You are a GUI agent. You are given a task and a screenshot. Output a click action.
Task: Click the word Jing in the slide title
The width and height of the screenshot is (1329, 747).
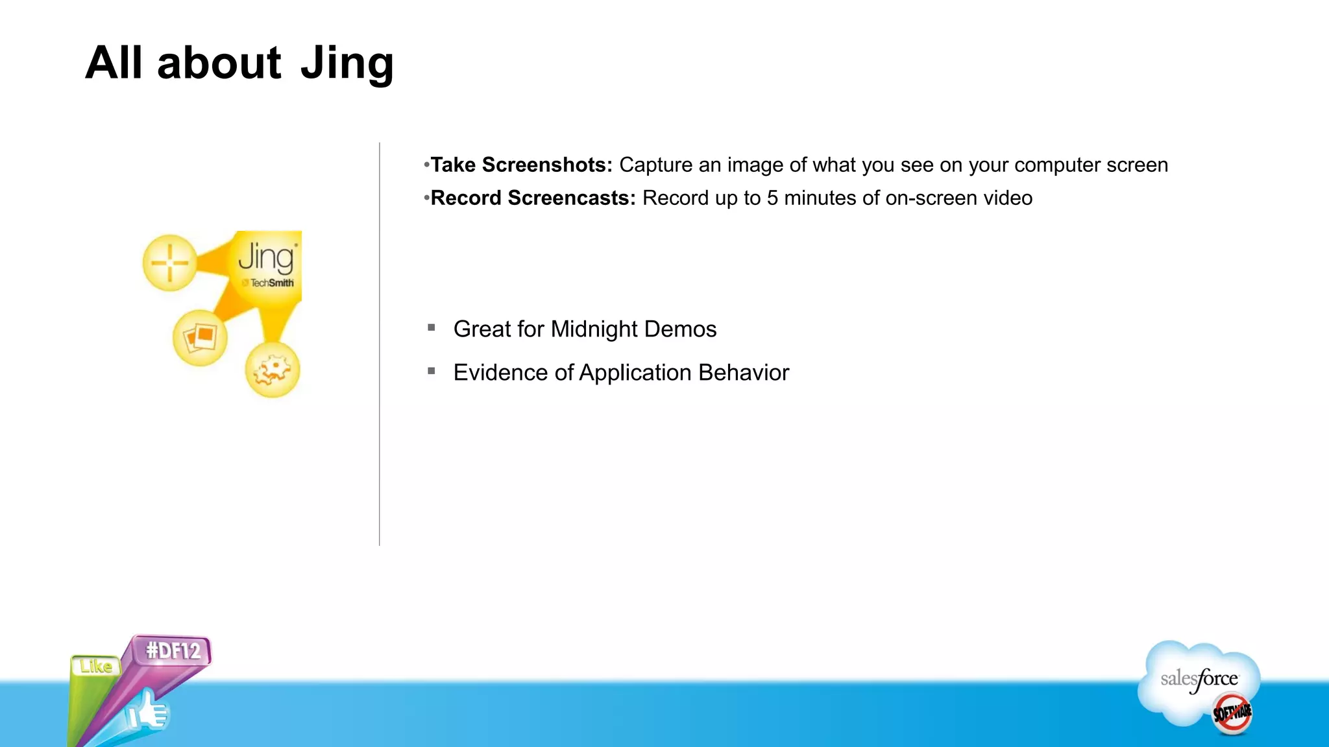click(347, 64)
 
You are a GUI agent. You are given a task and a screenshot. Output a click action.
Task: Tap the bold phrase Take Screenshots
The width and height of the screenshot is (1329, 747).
click(521, 165)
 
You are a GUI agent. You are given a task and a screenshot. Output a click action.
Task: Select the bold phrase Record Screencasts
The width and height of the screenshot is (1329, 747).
click(533, 198)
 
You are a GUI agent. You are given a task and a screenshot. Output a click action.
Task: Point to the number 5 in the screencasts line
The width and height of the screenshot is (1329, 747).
click(772, 198)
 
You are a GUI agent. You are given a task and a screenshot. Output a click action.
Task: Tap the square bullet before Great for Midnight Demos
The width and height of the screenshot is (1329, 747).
click(432, 328)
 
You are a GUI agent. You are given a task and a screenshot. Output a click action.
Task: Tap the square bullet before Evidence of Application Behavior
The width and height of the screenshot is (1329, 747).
click(432, 371)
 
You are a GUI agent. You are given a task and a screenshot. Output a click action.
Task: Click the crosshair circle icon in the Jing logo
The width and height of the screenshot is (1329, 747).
click(170, 263)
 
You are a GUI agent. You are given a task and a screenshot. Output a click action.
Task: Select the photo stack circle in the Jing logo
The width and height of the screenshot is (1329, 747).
click(201, 338)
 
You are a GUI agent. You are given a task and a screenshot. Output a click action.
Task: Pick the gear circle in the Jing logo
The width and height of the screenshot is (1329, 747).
click(273, 370)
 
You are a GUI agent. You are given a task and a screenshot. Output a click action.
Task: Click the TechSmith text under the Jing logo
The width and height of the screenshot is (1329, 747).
click(271, 283)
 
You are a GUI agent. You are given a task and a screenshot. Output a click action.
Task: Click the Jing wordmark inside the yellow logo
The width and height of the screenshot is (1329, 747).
click(266, 257)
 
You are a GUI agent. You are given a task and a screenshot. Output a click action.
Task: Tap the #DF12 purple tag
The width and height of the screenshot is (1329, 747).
click(173, 650)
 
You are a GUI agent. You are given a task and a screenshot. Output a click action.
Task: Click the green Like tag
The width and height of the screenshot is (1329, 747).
click(96, 666)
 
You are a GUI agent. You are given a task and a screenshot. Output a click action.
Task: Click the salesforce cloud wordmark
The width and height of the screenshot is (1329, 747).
click(1199, 680)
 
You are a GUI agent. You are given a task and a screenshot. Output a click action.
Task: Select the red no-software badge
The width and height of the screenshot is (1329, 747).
click(1232, 713)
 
